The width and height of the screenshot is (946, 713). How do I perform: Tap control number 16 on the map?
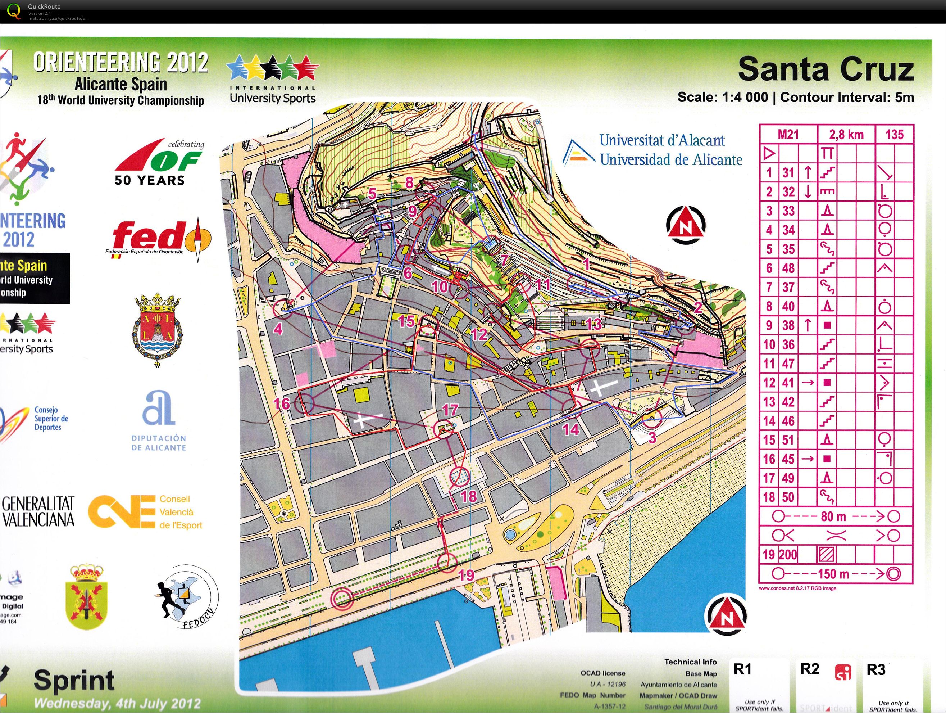[281, 403]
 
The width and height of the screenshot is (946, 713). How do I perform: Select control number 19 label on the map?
[467, 575]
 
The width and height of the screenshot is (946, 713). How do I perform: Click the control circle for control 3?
[652, 418]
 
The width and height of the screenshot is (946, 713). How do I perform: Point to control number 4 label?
[278, 329]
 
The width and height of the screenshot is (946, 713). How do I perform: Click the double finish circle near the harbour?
[342, 598]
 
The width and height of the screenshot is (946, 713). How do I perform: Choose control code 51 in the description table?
[788, 440]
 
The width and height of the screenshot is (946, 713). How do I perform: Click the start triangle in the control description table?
[769, 153]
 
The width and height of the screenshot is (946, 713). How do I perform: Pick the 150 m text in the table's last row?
[833, 574]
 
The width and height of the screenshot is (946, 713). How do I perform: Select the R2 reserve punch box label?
[810, 669]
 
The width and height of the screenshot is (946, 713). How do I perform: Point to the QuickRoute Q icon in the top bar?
[14, 10]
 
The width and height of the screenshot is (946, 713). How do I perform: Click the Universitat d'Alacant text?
[662, 140]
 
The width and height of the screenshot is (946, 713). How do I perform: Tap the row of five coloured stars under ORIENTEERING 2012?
[272, 68]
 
